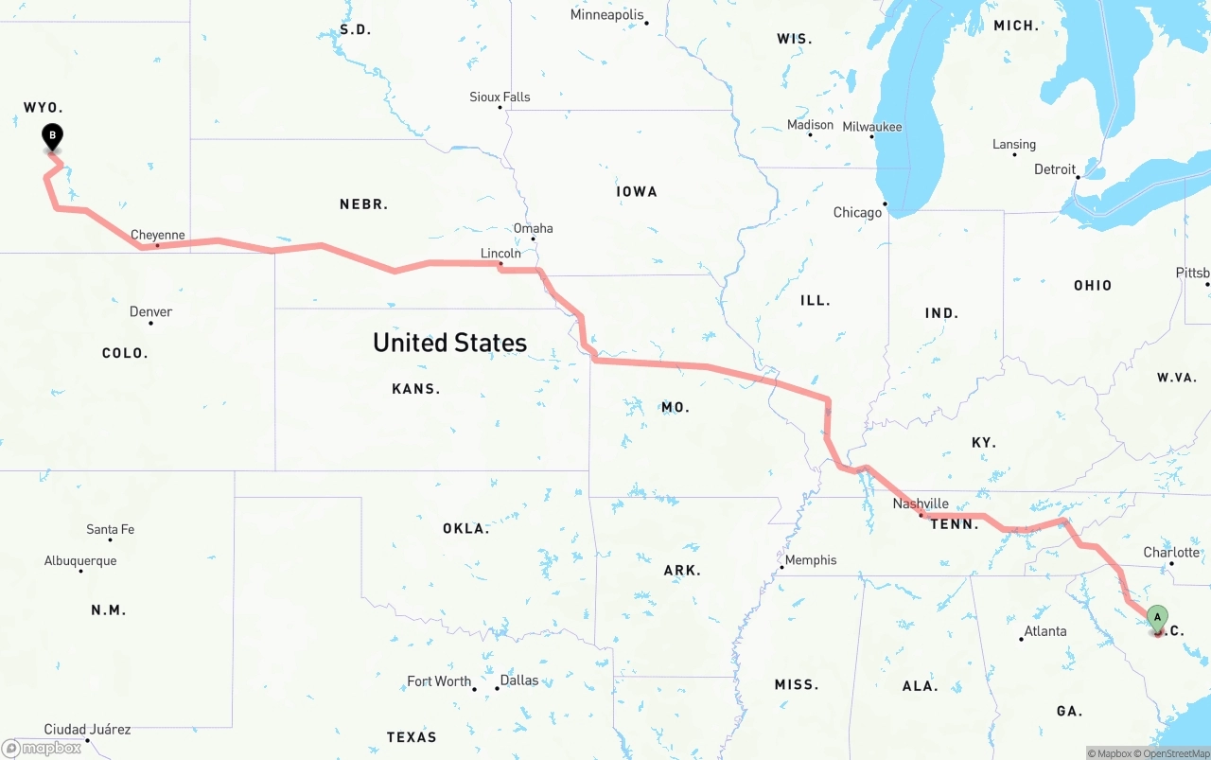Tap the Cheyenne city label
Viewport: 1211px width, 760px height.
point(158,235)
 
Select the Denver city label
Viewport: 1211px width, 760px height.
point(151,311)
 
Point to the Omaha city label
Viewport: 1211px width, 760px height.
point(534,228)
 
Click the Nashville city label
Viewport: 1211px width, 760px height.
point(921,504)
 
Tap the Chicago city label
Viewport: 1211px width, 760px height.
point(857,212)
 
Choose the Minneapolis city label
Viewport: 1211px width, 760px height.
point(606,15)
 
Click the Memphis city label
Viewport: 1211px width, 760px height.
point(811,559)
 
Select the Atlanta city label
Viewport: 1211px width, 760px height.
point(1045,631)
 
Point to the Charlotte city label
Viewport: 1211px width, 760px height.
point(1171,552)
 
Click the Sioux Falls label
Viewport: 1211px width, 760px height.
point(500,97)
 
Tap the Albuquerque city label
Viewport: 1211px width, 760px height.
point(80,560)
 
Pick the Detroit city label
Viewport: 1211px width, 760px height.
point(1055,169)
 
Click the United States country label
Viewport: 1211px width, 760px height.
point(449,342)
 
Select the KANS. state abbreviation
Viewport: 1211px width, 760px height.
point(416,388)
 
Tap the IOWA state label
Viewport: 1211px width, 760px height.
point(637,191)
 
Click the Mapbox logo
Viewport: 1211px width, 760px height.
point(42,748)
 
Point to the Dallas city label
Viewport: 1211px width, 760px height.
point(518,680)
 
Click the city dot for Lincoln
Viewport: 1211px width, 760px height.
point(500,263)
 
